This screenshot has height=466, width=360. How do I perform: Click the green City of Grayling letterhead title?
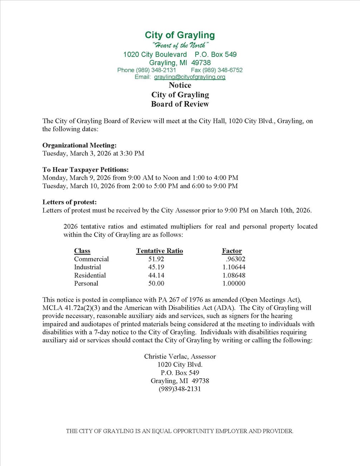coord(180,35)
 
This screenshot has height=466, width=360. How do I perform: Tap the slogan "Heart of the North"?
coord(179,45)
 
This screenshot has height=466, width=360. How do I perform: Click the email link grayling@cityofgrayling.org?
coord(189,77)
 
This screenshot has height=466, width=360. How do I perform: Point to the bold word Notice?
coord(180,85)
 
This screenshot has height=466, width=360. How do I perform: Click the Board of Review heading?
coord(180,104)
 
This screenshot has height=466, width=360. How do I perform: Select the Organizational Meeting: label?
coord(80,145)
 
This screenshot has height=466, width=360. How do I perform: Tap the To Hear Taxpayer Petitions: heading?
coord(85,170)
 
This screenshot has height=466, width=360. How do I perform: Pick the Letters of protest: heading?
coord(69,202)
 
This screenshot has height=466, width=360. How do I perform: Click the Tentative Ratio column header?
coord(159,251)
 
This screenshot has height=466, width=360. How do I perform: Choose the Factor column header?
coord(232,251)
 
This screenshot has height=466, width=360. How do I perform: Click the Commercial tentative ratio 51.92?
coord(156,259)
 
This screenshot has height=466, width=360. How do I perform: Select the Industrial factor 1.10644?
coord(234,267)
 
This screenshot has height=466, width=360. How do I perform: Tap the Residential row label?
coord(90,275)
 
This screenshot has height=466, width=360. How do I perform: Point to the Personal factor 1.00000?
coord(234,283)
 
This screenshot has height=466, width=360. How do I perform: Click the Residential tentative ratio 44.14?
coord(156,275)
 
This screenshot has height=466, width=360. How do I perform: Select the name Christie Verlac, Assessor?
coord(180,356)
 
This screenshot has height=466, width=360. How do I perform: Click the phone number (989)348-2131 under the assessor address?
coord(180,389)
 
